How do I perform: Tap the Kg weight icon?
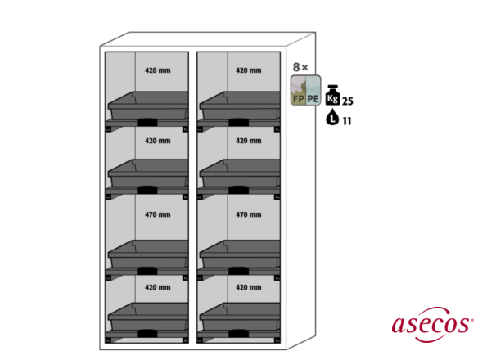[332, 96]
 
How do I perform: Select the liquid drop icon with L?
[332, 117]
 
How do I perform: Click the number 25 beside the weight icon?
[348, 101]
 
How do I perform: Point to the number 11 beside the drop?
[347, 121]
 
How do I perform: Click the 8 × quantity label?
[300, 67]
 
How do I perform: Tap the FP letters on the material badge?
[298, 99]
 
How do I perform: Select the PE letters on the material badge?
[313, 99]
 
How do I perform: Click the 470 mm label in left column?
[158, 214]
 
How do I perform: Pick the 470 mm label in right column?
[249, 214]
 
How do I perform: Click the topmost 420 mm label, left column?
[158, 70]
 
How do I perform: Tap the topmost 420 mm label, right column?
[249, 70]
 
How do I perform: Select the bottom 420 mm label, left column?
[158, 287]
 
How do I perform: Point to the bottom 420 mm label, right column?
[249, 287]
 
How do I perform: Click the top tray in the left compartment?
[148, 106]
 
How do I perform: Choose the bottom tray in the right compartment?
[240, 317]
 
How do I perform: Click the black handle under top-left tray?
[147, 122]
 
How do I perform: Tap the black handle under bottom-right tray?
[239, 334]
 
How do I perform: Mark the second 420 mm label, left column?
[158, 141]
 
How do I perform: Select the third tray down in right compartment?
[240, 254]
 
